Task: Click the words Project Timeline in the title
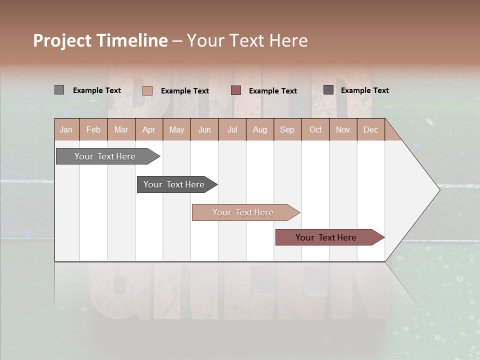tap(100, 40)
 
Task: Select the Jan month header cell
tap(66, 129)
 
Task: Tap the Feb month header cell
tap(93, 129)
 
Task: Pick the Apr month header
tap(149, 129)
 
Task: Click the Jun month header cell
tap(204, 129)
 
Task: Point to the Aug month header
tap(260, 129)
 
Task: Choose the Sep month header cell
tap(287, 129)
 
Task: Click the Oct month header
tap(315, 129)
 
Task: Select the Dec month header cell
tap(371, 129)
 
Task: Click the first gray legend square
tap(59, 90)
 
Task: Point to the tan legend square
tap(147, 90)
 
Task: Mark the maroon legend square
tap(236, 90)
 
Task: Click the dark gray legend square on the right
tap(328, 90)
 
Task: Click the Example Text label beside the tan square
tap(185, 91)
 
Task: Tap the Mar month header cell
tap(121, 129)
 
